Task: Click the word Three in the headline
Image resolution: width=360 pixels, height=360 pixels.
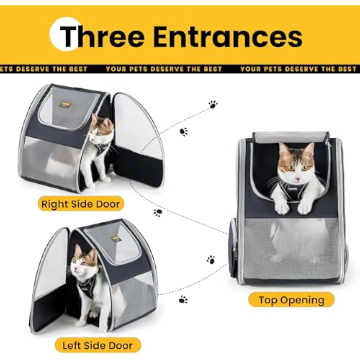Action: (102, 37)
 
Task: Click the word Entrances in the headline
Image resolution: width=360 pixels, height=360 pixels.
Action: (228, 37)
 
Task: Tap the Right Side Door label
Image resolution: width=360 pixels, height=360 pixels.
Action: (81, 204)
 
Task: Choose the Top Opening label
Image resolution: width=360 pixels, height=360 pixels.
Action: (291, 300)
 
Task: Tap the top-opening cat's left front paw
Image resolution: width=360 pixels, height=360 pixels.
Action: (283, 207)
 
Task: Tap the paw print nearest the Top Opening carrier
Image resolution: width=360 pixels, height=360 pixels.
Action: (211, 260)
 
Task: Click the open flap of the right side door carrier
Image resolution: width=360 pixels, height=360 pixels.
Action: (139, 140)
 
